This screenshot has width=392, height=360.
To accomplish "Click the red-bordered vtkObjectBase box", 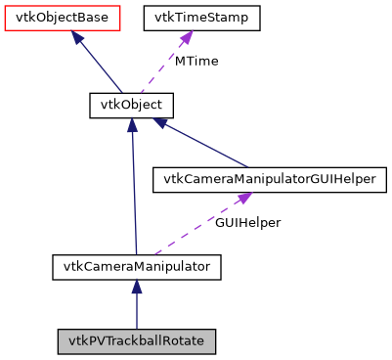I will tap(63, 18).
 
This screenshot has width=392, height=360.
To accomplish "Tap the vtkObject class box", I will tap(132, 105).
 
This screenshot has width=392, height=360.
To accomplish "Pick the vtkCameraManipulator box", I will tap(137, 265).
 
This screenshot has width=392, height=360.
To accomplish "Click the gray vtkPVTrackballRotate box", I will tap(137, 341).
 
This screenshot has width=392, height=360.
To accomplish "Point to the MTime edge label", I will tap(196, 61).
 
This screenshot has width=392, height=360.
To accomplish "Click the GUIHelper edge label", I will tap(247, 222).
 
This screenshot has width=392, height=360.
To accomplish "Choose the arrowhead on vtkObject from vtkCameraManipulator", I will tap(132, 126).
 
